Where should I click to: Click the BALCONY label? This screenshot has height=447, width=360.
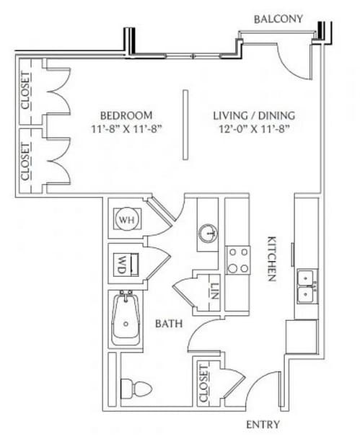point(278,19)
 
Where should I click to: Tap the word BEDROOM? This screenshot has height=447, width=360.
point(126,115)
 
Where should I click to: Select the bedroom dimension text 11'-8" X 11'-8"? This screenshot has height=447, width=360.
point(126,129)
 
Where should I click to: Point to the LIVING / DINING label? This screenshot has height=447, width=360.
point(254,115)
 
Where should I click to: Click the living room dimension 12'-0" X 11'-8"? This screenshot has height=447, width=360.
point(254,129)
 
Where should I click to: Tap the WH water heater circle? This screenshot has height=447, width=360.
point(127,219)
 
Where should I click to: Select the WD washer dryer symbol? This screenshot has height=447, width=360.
point(126,265)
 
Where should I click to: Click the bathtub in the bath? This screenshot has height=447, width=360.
point(126,319)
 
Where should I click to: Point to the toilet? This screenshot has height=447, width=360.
point(136,388)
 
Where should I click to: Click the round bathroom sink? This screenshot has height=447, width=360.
point(208,234)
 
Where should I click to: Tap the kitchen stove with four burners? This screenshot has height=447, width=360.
point(237,260)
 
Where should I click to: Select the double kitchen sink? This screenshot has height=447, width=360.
point(307,286)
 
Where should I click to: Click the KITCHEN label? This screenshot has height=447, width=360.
point(271,259)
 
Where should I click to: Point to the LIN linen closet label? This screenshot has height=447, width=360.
point(214,291)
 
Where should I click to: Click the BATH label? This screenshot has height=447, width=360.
point(169,324)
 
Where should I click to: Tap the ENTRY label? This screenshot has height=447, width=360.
point(263,425)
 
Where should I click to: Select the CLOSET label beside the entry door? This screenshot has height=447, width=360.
point(203,384)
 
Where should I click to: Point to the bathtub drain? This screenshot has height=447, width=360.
point(126,324)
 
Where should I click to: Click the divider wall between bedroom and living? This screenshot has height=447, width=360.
point(185,125)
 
